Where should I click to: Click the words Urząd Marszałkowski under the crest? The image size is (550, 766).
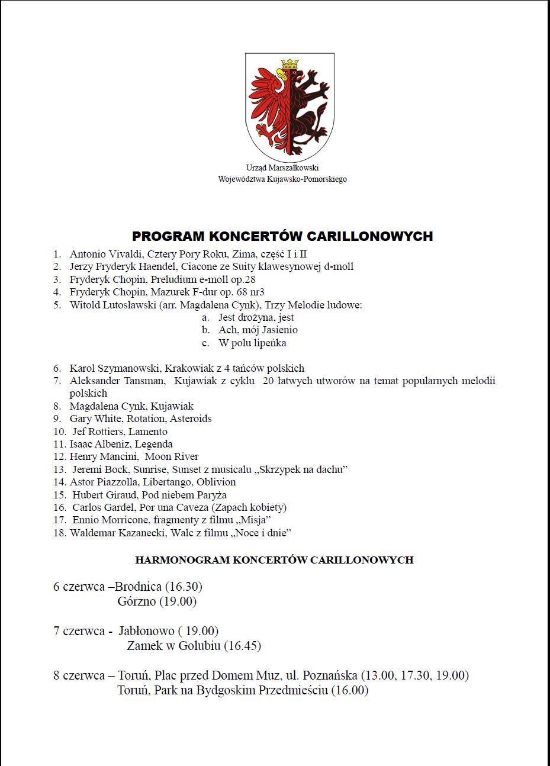click(282, 168)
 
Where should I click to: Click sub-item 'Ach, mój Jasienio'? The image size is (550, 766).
click(258, 330)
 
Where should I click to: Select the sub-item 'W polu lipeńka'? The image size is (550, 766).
click(252, 343)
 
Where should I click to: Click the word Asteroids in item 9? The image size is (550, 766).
click(191, 419)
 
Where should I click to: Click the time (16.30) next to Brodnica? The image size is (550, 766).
click(184, 587)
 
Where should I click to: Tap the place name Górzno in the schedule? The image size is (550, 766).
click(137, 601)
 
